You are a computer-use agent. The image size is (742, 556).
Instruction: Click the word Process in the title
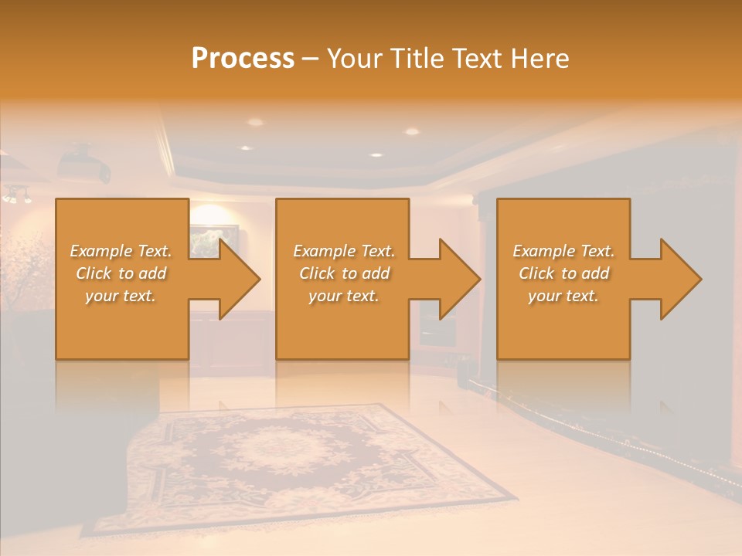(243, 58)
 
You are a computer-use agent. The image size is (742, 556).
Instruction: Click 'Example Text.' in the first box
(121, 251)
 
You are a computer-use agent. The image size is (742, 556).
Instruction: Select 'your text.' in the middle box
(343, 296)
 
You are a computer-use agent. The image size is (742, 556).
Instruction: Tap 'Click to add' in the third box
(563, 273)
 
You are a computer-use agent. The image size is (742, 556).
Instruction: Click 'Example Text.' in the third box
(563, 251)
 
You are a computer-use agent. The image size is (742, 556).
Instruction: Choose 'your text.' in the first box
(121, 296)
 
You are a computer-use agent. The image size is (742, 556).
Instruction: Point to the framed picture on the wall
(213, 239)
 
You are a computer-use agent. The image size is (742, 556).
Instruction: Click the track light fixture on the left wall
(17, 195)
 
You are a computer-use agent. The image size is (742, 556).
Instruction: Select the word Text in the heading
(478, 58)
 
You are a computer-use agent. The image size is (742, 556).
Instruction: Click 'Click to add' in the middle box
(343, 273)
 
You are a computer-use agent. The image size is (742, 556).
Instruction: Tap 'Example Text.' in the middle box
(343, 251)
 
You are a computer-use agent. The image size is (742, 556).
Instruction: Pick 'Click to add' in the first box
(121, 273)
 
